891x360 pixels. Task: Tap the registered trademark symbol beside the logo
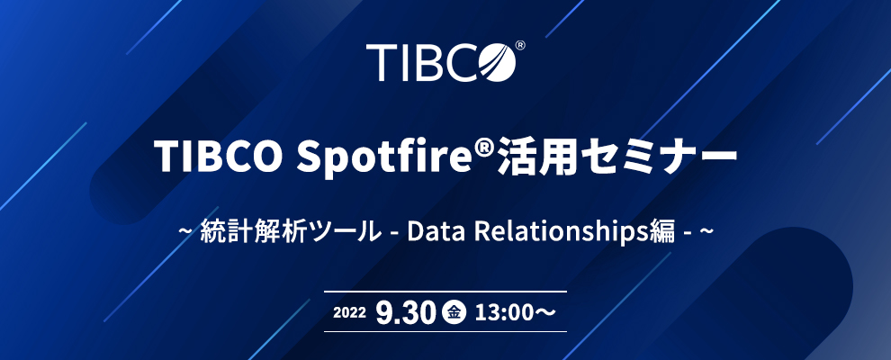pos(520,45)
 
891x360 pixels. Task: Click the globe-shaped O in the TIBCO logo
pos(497,61)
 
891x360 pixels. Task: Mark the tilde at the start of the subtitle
pos(184,233)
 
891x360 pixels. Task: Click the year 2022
pos(349,312)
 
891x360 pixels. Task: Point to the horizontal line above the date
pos(445,292)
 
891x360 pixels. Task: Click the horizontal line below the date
pos(445,331)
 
